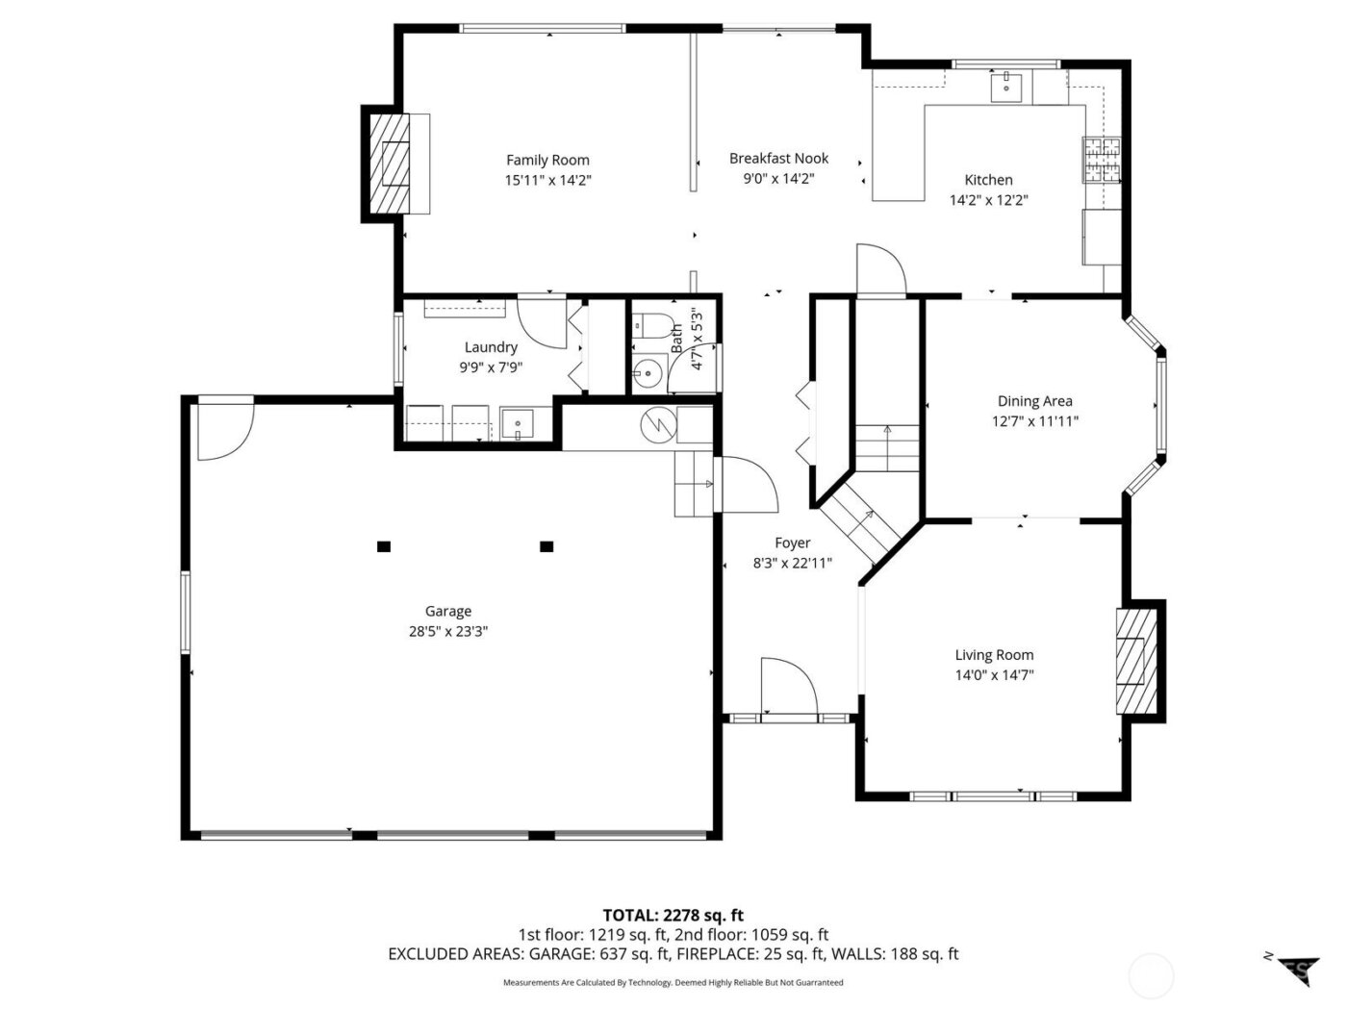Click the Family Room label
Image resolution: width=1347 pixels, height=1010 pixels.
(x=547, y=161)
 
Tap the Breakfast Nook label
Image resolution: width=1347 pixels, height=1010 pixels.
(x=778, y=159)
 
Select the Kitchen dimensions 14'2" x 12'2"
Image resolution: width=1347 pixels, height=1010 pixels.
(x=989, y=200)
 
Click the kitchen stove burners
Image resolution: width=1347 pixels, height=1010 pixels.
(x=1103, y=160)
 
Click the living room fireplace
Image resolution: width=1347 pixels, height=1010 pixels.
(x=1131, y=661)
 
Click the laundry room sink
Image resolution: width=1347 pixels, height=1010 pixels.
(x=519, y=423)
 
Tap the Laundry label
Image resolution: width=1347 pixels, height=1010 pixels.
(x=491, y=347)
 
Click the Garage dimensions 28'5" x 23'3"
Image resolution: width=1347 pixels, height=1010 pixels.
(x=448, y=632)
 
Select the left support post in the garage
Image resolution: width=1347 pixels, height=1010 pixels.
(x=384, y=546)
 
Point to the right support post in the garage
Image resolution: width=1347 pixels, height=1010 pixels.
(x=546, y=546)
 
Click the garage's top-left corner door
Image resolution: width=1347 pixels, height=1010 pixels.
(x=224, y=430)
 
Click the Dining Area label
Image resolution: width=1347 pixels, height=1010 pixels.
(x=1034, y=401)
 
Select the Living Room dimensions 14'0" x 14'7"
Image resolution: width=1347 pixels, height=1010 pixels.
(x=994, y=675)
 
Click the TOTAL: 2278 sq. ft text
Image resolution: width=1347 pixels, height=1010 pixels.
(x=673, y=915)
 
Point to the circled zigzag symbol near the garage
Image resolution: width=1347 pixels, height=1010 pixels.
(x=658, y=422)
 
